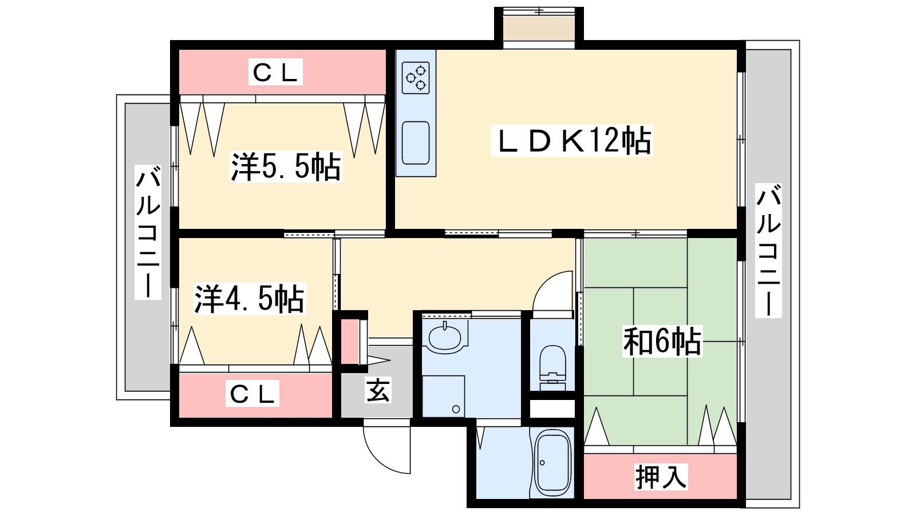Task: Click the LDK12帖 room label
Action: tap(572, 141)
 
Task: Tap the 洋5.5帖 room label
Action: tap(286, 167)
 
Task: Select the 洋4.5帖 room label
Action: tap(249, 299)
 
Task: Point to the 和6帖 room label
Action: tap(662, 341)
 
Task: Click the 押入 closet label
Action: tap(661, 477)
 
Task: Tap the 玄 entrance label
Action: tap(378, 390)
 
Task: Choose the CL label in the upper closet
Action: tap(275, 72)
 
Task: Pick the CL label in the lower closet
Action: tap(252, 393)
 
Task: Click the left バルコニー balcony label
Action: tap(148, 232)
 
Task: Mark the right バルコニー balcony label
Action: tap(768, 251)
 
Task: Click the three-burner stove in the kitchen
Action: tap(416, 78)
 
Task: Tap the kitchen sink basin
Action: tap(416, 142)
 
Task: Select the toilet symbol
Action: tap(552, 367)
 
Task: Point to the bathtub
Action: tap(552, 462)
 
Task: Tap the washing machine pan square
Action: tap(443, 397)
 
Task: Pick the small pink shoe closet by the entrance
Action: tap(350, 342)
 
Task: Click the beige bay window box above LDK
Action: tap(539, 28)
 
